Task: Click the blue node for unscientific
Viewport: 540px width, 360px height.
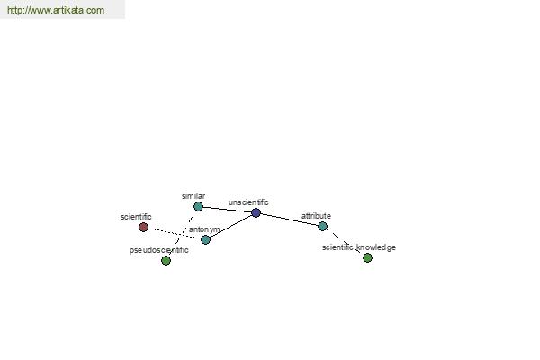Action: point(256,213)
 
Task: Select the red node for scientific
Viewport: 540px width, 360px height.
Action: point(144,228)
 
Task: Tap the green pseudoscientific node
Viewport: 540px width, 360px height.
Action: point(166,260)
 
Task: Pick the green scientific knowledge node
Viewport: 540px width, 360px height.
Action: point(367,257)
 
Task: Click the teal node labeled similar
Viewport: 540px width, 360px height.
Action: point(198,207)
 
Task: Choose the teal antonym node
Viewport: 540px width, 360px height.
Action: point(205,239)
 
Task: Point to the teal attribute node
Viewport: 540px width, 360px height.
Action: point(323,226)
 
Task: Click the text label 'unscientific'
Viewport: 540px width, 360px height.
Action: point(248,202)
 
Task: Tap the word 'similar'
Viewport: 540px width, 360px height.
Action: point(193,196)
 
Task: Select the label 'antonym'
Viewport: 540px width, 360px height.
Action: point(204,229)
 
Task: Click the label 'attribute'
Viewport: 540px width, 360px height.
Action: point(316,216)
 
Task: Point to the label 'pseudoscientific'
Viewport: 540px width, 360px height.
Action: point(158,250)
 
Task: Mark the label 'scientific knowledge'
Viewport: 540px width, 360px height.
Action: point(359,247)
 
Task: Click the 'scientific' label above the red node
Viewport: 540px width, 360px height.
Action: point(136,217)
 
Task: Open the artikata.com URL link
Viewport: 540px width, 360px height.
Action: point(56,10)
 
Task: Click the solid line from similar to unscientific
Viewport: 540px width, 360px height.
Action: point(227,210)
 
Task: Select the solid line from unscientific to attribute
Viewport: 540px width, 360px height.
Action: point(289,220)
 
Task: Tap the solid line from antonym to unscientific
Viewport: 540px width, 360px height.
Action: point(230,226)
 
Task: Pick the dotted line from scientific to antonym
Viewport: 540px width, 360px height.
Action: point(175,234)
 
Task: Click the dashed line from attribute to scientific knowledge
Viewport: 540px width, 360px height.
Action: point(345,242)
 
